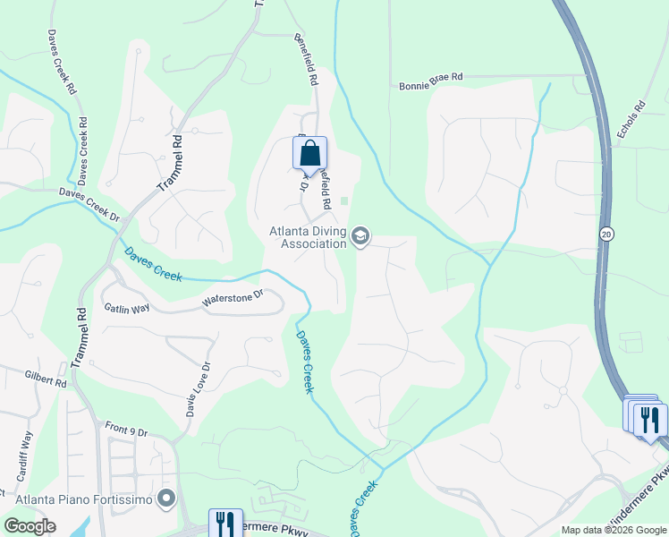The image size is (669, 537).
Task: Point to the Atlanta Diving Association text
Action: tap(309, 237)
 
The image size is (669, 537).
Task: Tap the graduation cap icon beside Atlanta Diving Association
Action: tap(360, 237)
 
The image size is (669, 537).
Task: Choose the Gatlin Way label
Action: tap(127, 309)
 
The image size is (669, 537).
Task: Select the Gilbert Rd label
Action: tap(46, 382)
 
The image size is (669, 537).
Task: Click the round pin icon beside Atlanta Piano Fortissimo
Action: tap(165, 499)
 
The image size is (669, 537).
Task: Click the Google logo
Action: tap(30, 526)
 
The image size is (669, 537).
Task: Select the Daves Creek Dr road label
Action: tap(89, 205)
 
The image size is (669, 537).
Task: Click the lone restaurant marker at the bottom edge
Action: tap(225, 524)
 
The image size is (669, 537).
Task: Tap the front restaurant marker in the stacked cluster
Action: tap(651, 419)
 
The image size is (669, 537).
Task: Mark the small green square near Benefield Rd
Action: tap(344, 200)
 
